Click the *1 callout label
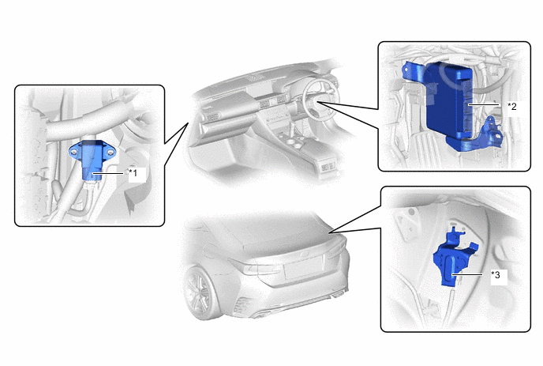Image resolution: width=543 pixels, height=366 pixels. [x=133, y=172]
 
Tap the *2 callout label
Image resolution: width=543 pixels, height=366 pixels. [x=512, y=106]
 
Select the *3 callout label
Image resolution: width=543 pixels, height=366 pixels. [x=496, y=275]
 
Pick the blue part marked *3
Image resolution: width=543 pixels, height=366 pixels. [x=452, y=258]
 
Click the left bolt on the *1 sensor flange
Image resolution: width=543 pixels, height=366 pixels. [x=73, y=151]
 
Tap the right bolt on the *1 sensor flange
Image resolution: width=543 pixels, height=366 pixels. [x=110, y=152]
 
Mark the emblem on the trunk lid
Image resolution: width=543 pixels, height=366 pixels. [x=305, y=255]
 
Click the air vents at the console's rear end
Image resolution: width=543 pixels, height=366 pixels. [x=328, y=168]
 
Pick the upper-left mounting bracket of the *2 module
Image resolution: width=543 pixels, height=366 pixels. [x=413, y=72]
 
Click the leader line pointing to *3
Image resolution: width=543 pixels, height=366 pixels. [x=467, y=275]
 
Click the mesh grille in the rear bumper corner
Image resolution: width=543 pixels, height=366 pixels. [x=242, y=304]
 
